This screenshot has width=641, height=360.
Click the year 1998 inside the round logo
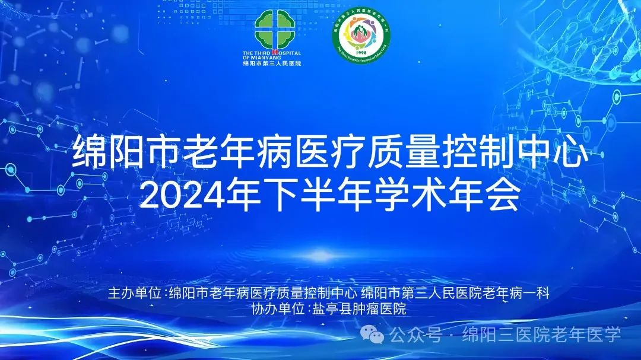click(x=361, y=52)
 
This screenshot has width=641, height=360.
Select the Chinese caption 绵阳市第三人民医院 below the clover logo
click(x=272, y=63)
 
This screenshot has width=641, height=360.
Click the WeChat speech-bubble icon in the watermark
click(x=376, y=336)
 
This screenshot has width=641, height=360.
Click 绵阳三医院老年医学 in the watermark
click(x=541, y=335)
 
